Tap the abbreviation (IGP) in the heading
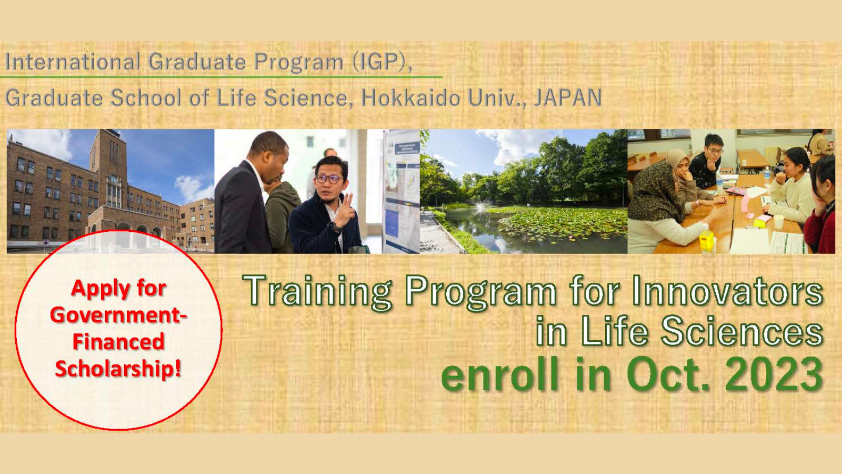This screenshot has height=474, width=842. [382, 62]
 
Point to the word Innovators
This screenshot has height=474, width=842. [727, 291]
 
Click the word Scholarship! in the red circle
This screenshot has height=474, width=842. [118, 369]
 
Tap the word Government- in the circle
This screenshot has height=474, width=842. [118, 315]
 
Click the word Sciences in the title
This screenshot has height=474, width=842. [741, 331]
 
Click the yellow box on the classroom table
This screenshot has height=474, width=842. [707, 240]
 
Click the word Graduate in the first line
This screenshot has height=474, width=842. [197, 62]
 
